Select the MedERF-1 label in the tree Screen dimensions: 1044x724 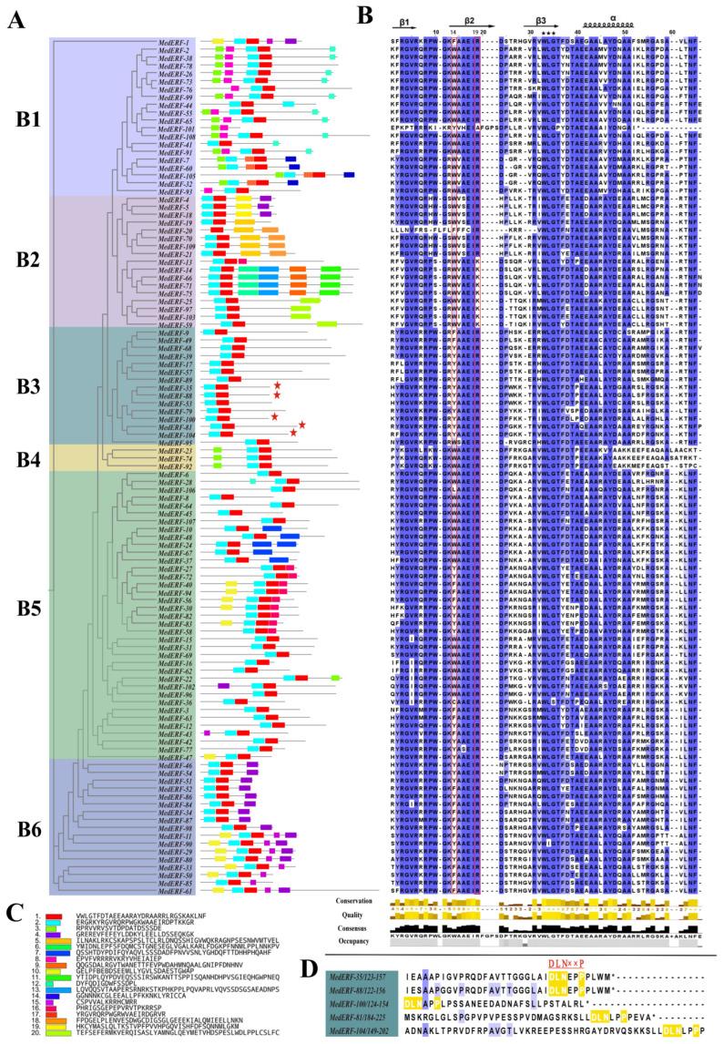point(175,42)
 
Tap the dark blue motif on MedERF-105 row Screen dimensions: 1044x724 point(349,175)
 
